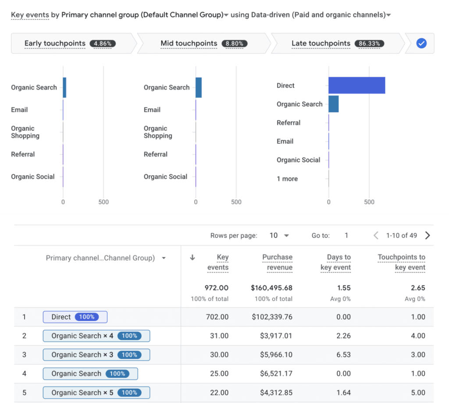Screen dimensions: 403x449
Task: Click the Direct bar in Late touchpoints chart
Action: click(356, 86)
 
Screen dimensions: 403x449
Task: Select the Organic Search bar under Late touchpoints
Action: click(334, 104)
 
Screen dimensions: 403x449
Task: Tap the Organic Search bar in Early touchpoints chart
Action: click(64, 87)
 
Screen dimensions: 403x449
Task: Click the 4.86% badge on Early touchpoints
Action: click(103, 43)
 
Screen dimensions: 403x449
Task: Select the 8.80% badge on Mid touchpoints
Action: click(235, 43)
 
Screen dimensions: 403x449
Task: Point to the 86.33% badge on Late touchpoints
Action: click(369, 43)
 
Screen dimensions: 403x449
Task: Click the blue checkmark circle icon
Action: click(421, 43)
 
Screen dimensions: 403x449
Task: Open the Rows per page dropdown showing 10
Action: click(279, 235)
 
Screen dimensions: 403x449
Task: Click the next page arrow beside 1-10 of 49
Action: click(428, 235)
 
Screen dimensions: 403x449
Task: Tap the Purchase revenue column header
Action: click(277, 262)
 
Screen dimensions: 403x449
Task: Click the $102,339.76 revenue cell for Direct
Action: click(272, 317)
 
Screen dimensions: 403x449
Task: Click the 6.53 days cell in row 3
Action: click(343, 355)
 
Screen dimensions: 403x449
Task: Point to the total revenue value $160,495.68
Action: click(271, 288)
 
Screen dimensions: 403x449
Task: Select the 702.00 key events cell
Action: click(217, 317)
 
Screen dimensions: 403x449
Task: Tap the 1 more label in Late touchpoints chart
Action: click(287, 179)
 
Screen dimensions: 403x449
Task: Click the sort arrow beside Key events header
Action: click(192, 257)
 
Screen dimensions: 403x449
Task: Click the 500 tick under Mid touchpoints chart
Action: click(236, 202)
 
